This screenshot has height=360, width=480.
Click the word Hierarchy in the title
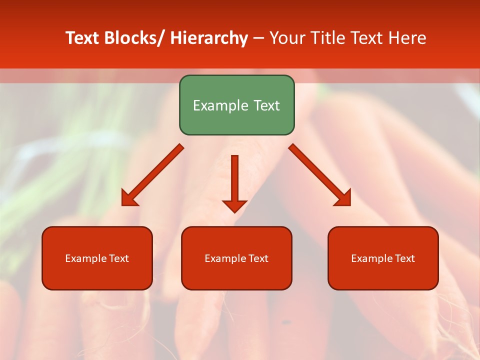[x=209, y=38]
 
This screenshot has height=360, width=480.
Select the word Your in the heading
[x=287, y=38]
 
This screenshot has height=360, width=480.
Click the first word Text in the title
[x=83, y=38]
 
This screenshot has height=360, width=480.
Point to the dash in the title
[x=258, y=38]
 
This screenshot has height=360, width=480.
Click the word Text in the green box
[x=265, y=105]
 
